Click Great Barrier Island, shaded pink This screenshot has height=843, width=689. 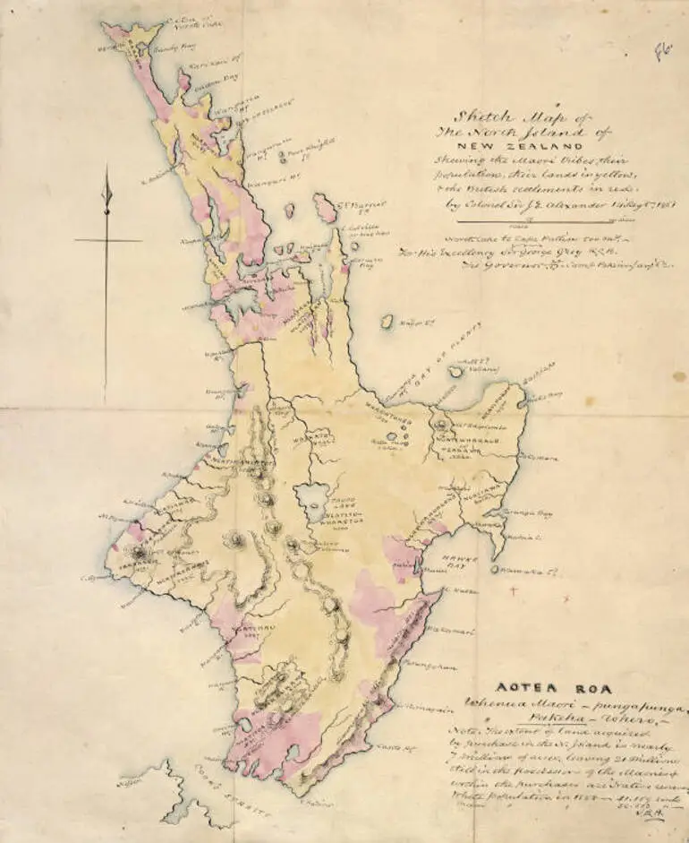(325, 210)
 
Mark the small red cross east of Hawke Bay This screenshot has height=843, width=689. (512, 590)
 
